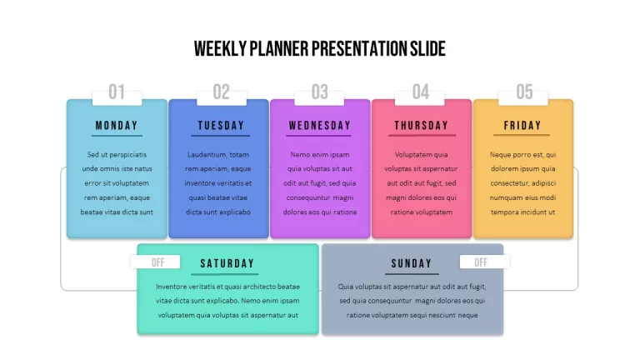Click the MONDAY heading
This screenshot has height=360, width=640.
point(117,125)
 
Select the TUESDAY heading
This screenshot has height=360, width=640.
point(221,125)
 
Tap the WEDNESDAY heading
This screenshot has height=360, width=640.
point(320,125)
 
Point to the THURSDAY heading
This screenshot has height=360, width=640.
point(421,125)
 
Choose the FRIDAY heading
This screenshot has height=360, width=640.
point(522,125)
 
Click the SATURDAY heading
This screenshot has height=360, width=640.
point(227,263)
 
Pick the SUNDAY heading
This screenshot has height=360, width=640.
point(412,263)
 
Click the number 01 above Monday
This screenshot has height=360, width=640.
point(117,92)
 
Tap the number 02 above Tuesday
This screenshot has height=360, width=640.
point(221,92)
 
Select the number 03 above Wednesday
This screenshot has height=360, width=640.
point(320,92)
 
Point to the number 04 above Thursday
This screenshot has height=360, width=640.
point(421,92)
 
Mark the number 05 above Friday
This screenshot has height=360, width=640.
point(524,92)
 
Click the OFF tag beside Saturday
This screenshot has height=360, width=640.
point(158,262)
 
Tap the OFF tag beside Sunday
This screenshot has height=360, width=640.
point(481,262)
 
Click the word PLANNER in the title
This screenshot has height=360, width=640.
point(279,48)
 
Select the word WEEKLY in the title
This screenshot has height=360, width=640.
point(220,48)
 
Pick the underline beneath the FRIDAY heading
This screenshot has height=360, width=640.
point(522,135)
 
